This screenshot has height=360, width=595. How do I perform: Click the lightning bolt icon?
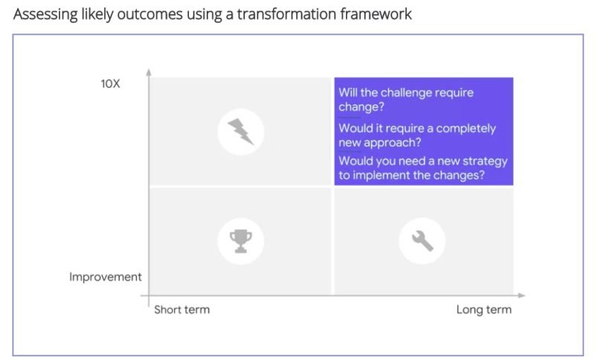[240, 132]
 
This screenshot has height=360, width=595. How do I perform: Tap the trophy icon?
[240, 241]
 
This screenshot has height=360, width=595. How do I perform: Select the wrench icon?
[422, 241]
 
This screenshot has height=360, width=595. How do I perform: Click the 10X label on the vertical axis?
[110, 83]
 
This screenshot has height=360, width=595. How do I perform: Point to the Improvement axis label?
[105, 277]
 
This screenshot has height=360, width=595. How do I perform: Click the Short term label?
[181, 309]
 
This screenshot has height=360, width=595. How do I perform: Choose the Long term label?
[484, 309]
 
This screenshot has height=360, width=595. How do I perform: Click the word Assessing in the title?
[45, 15]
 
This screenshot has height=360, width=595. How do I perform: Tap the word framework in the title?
[376, 14]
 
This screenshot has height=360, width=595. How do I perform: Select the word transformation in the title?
[286, 14]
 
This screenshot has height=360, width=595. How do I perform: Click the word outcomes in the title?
[149, 14]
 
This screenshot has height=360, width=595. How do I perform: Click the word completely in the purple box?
[466, 129]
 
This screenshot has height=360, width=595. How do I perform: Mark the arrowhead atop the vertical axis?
[149, 72]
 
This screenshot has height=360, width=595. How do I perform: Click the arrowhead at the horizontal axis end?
[522, 295]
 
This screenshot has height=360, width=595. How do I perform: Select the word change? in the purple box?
[361, 107]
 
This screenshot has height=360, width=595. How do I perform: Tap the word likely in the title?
[97, 15]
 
